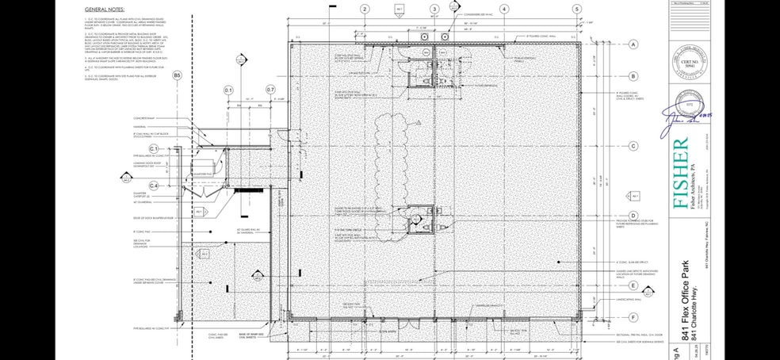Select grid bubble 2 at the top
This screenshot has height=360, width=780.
365,9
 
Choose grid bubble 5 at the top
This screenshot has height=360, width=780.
576,9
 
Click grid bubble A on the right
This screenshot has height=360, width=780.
633,45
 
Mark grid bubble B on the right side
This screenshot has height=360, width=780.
633,77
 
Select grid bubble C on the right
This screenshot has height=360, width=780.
633,146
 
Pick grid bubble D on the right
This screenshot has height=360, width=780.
633,216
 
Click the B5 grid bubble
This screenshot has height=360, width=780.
178,75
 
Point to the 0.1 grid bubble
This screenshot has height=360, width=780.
229,90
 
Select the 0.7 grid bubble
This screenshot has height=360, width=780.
270,90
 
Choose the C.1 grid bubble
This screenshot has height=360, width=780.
155,149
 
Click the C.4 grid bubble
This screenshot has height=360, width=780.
155,186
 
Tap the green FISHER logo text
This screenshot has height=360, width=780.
680,172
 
